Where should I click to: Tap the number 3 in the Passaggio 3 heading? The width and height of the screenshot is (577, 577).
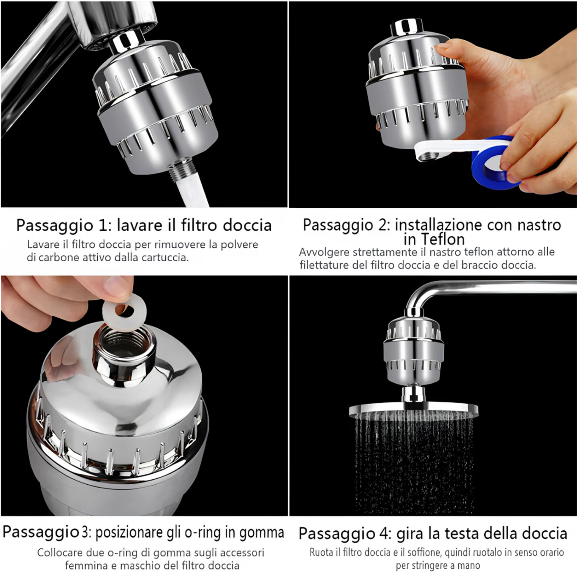coord(85,532)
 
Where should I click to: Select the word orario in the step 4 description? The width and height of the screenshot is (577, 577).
coord(550,552)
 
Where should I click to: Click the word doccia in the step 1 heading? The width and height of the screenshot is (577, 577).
coord(247,226)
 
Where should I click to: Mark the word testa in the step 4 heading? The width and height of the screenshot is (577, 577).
coord(461,534)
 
